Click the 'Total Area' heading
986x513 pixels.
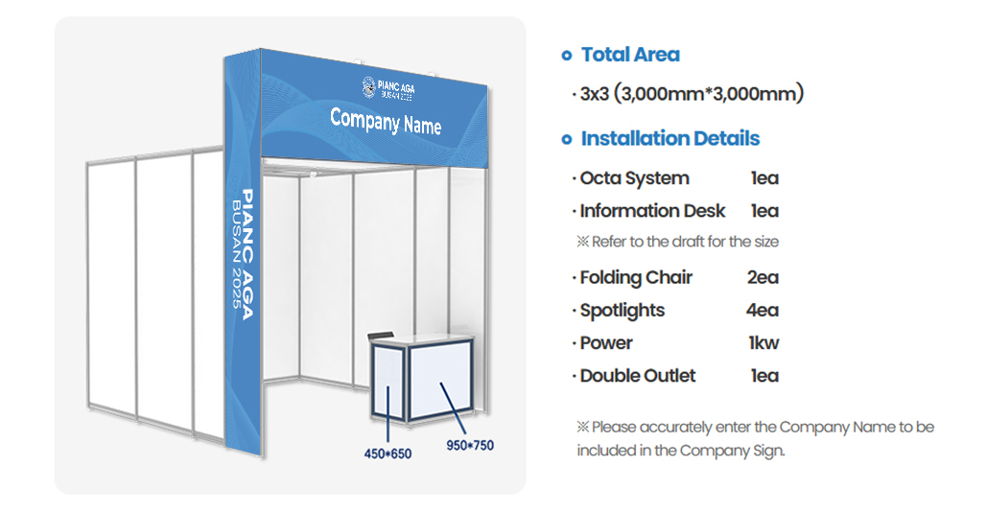[x=630, y=55]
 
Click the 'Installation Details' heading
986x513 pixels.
[x=670, y=138]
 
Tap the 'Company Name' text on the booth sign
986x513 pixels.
[x=386, y=121]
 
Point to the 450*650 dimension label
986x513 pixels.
[x=387, y=454]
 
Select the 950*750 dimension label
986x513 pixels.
[x=470, y=445]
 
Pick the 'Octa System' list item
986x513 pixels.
[x=635, y=178]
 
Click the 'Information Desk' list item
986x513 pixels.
[x=653, y=211]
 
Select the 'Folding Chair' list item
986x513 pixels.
[x=636, y=277]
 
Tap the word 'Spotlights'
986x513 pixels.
[x=622, y=311]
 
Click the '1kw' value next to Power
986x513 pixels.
[x=763, y=343]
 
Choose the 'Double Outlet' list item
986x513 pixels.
[x=638, y=376]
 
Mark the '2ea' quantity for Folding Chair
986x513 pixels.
[x=763, y=277]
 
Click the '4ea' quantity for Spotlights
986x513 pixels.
[x=763, y=310]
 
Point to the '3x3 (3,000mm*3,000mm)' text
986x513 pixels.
[x=692, y=94]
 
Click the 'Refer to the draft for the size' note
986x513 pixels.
[x=685, y=242]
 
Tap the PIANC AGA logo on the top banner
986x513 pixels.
[x=388, y=88]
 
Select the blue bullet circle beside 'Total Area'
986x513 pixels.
[x=567, y=56]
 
